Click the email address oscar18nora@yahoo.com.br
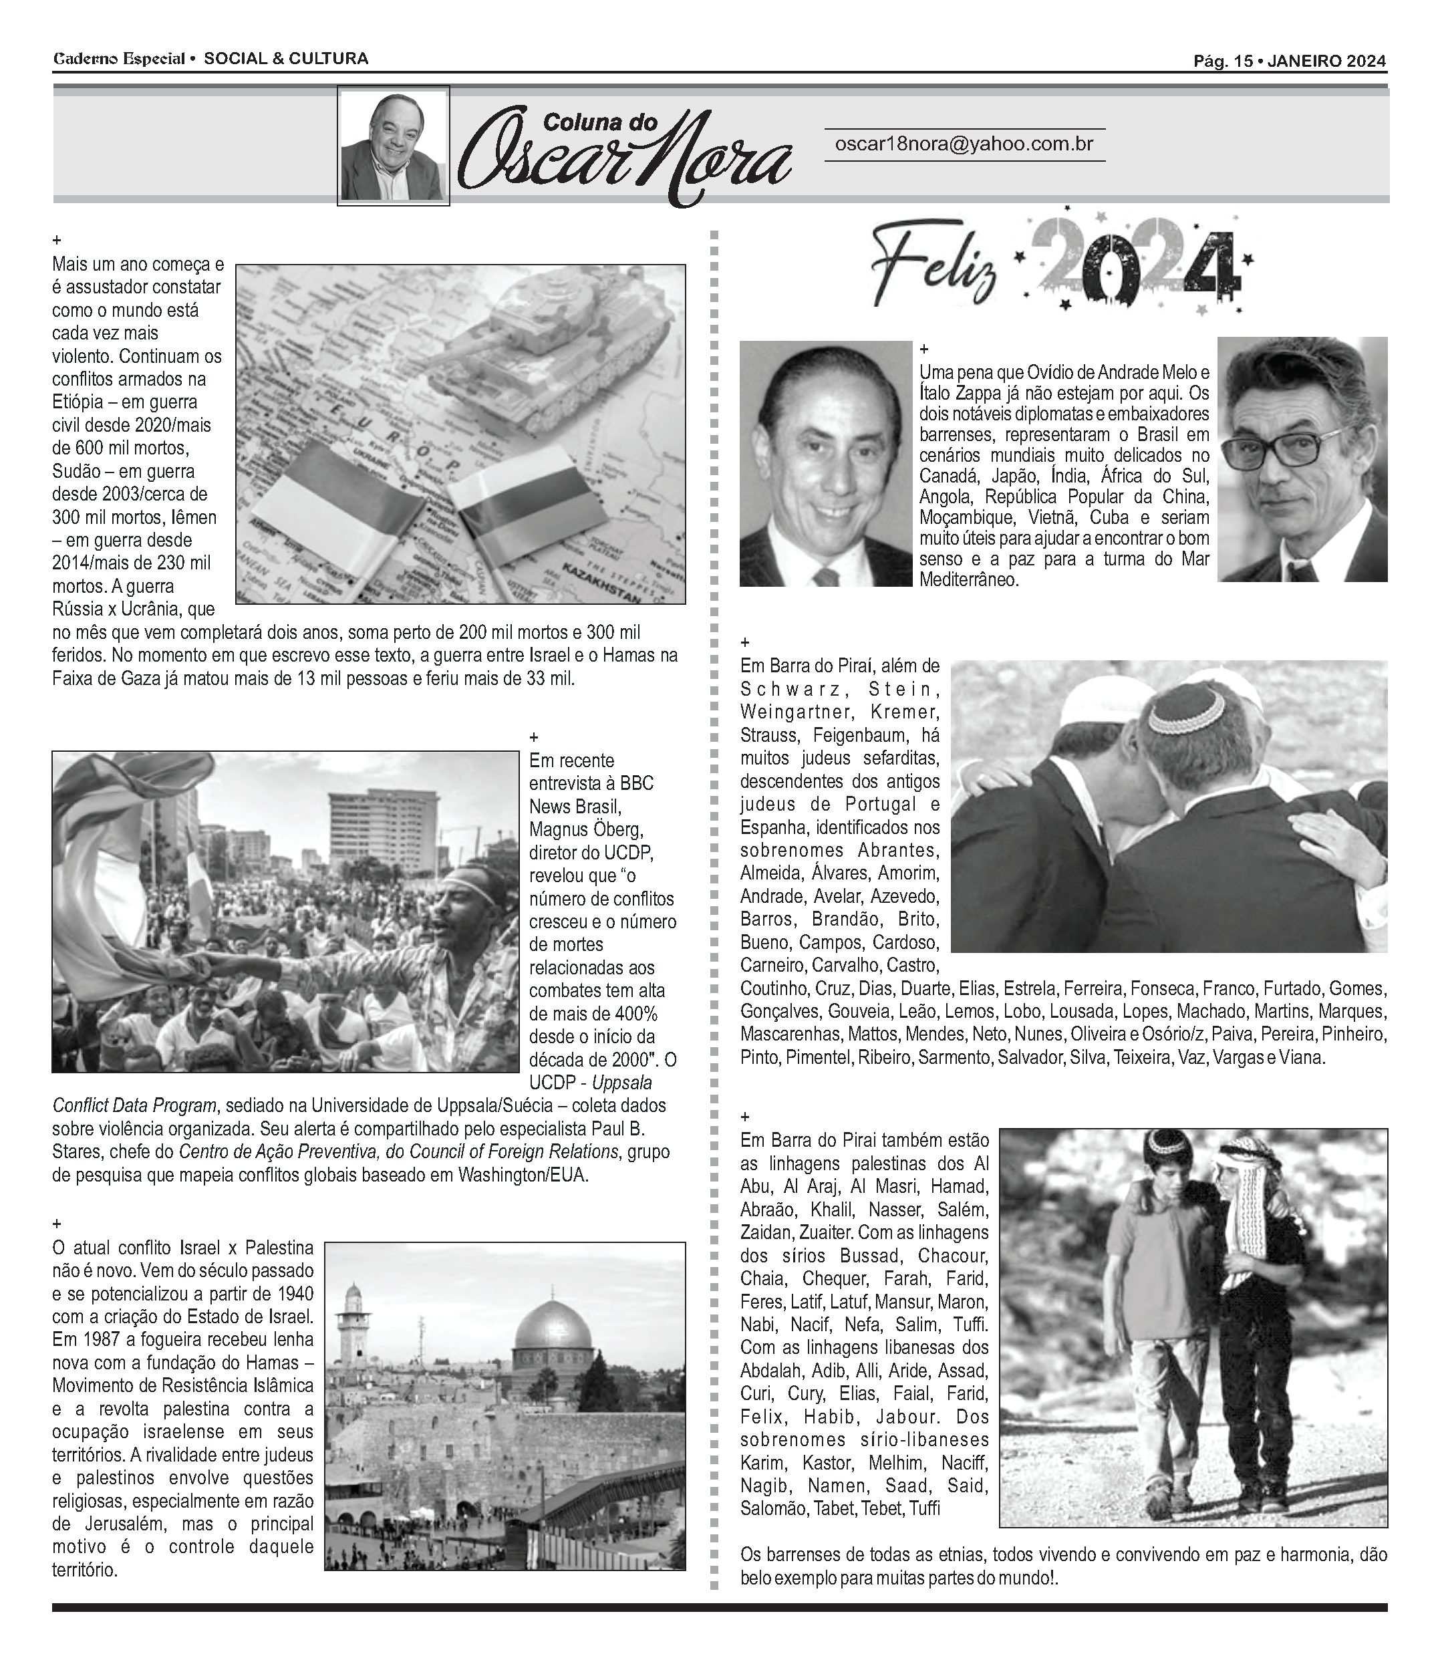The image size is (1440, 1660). click(x=964, y=144)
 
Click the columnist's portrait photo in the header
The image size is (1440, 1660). click(x=393, y=146)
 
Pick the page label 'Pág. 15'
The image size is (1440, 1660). click(x=1222, y=61)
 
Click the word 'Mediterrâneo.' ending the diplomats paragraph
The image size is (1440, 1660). click(x=968, y=579)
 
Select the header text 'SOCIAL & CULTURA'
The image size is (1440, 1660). click(x=286, y=59)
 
